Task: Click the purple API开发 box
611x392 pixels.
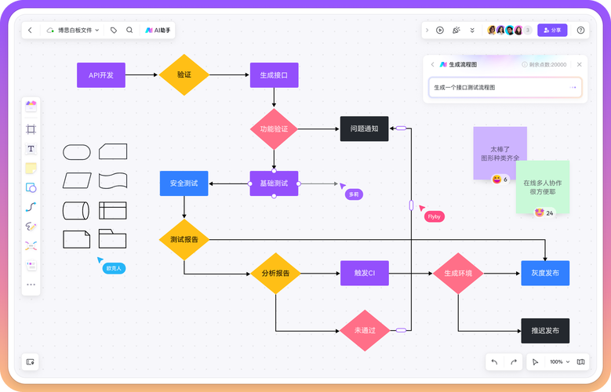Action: pyautogui.click(x=101, y=75)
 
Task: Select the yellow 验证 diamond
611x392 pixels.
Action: pyautogui.click(x=184, y=75)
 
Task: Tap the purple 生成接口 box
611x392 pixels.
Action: pyautogui.click(x=274, y=75)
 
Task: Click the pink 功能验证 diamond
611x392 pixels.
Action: pyautogui.click(x=274, y=129)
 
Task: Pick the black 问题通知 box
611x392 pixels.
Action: pyautogui.click(x=364, y=129)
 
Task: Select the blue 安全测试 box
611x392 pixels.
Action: pyautogui.click(x=184, y=183)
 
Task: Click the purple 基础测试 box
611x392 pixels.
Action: pyautogui.click(x=274, y=183)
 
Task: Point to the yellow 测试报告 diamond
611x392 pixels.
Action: pyautogui.click(x=184, y=239)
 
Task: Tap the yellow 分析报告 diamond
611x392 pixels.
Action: pyautogui.click(x=275, y=274)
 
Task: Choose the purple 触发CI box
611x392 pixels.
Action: pyautogui.click(x=365, y=274)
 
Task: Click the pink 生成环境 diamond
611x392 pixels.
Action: pyautogui.click(x=458, y=274)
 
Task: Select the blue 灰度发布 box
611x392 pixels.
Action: pyautogui.click(x=545, y=274)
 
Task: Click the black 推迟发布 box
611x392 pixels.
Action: pyautogui.click(x=545, y=331)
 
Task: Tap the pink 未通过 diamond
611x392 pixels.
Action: pyautogui.click(x=365, y=331)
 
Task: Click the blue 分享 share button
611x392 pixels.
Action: pyautogui.click(x=552, y=30)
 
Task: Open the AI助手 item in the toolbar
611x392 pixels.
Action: pyautogui.click(x=158, y=30)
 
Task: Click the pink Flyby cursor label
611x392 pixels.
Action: pyautogui.click(x=434, y=216)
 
